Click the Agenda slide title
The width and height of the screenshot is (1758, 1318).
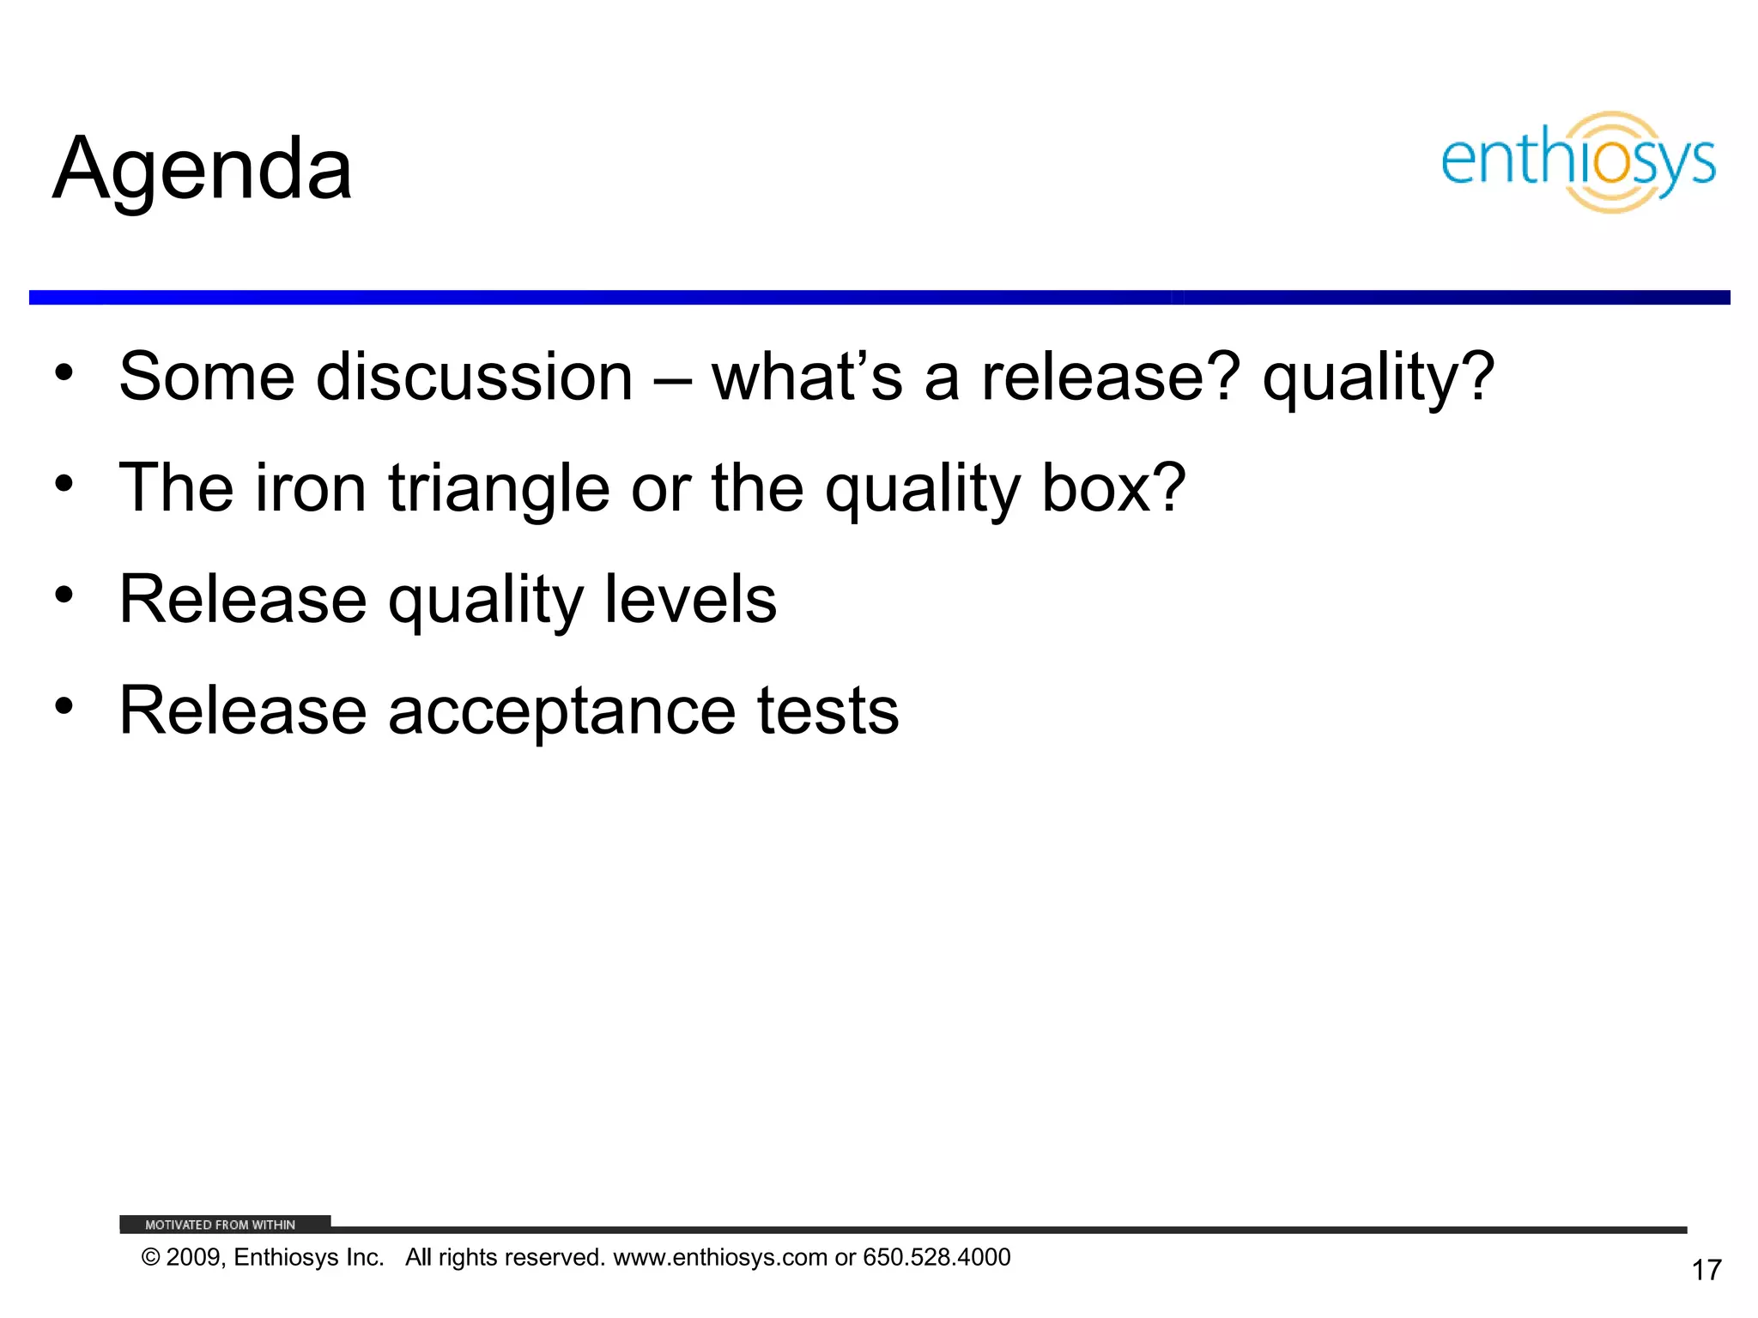[203, 170]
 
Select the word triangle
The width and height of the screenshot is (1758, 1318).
[499, 488]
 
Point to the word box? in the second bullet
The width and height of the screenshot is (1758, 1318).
[1113, 488]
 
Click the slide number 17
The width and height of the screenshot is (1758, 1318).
[1706, 1270]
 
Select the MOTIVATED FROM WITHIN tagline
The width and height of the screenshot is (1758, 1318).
[221, 1224]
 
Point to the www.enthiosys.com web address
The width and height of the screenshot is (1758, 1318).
[719, 1257]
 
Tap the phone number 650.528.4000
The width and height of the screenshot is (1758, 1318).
[937, 1257]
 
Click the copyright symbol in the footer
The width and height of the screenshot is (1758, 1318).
[151, 1258]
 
